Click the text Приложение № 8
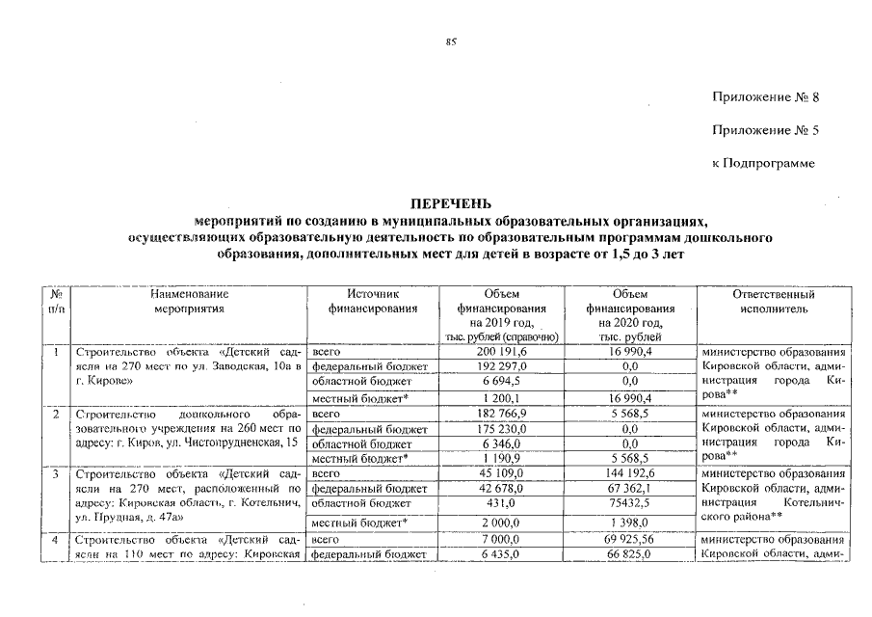765,97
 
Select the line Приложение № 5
765,130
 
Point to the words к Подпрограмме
763,163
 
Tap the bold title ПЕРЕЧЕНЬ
450,204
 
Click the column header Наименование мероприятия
189,302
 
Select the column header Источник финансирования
372,302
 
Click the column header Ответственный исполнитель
774,302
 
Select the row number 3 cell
57,474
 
